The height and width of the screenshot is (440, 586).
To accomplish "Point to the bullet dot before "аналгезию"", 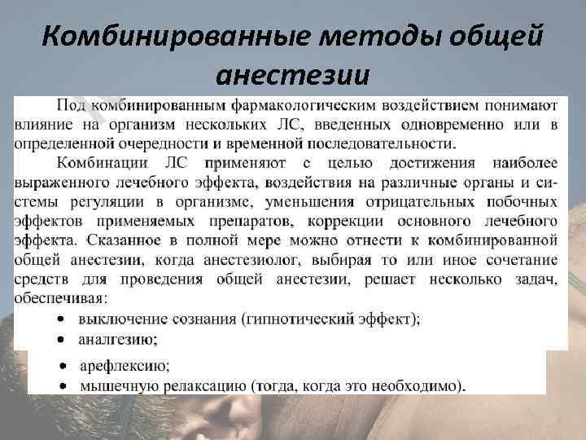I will pyautogui.click(x=63, y=339).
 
